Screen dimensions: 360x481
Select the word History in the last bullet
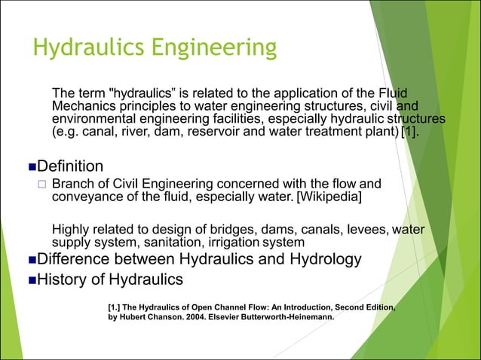(65, 279)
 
